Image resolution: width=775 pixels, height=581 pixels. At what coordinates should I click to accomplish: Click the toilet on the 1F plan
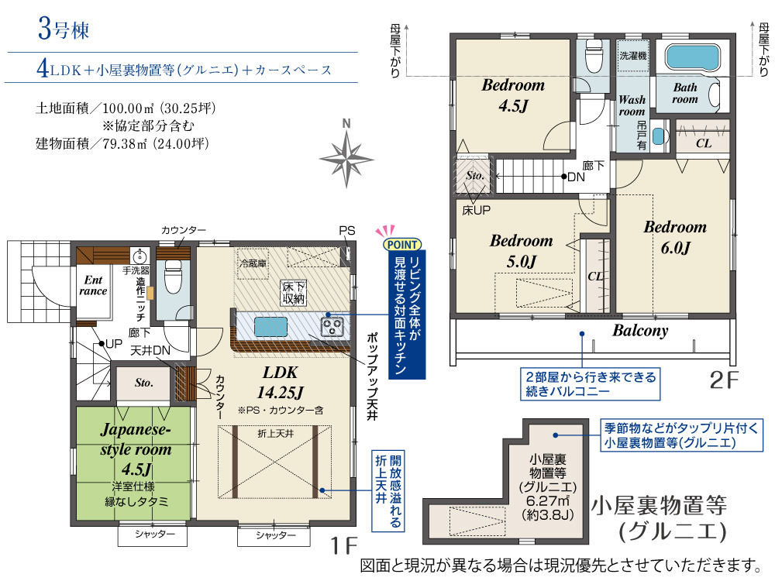(173, 277)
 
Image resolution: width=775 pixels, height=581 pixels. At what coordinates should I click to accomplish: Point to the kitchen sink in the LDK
(270, 327)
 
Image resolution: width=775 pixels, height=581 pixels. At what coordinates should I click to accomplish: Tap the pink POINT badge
(402, 244)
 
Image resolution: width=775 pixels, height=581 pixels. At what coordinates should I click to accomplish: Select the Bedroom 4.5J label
(513, 95)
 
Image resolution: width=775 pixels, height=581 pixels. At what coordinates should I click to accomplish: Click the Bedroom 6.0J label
(675, 237)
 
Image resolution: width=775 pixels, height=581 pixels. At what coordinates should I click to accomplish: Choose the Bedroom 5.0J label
(522, 250)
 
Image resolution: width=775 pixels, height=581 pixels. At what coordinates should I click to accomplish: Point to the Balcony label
(640, 330)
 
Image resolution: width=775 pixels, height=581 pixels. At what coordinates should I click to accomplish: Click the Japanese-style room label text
(136, 439)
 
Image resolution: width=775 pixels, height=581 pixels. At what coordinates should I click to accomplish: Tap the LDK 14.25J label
(281, 383)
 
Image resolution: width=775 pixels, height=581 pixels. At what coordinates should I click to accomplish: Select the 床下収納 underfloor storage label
(294, 293)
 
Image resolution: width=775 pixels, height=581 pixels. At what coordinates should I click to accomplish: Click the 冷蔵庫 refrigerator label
(253, 263)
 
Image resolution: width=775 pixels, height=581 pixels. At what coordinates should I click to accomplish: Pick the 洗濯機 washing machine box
(633, 56)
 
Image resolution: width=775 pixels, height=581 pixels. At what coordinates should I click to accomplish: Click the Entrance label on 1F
(93, 286)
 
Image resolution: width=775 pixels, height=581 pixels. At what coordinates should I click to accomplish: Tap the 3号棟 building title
(64, 29)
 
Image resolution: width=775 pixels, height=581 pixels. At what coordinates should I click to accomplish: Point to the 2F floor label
(724, 380)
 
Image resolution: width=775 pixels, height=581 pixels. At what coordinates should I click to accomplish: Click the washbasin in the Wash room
(657, 136)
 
